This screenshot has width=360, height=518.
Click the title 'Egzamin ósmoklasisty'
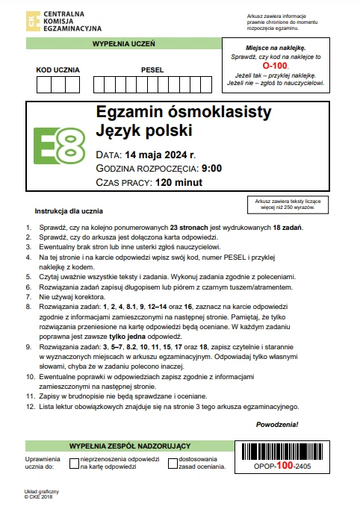184,113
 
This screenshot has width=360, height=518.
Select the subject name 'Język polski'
144,132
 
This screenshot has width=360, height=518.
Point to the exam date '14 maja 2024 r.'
161,155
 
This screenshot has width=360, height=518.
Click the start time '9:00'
211,169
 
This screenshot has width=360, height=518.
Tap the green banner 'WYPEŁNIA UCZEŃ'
123,44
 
